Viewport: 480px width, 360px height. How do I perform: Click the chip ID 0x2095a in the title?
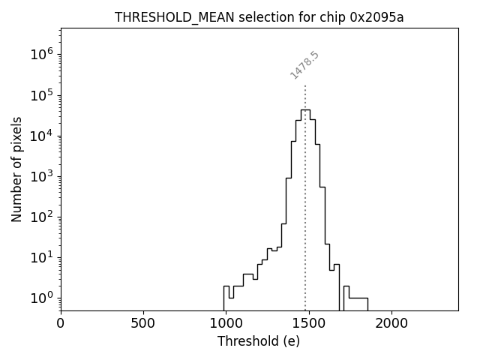(376, 17)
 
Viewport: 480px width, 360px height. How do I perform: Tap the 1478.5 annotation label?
(304, 65)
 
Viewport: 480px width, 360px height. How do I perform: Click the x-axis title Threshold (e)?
(259, 341)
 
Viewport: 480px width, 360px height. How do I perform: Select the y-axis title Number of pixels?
(16, 169)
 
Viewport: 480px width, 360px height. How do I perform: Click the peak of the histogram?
(305, 109)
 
